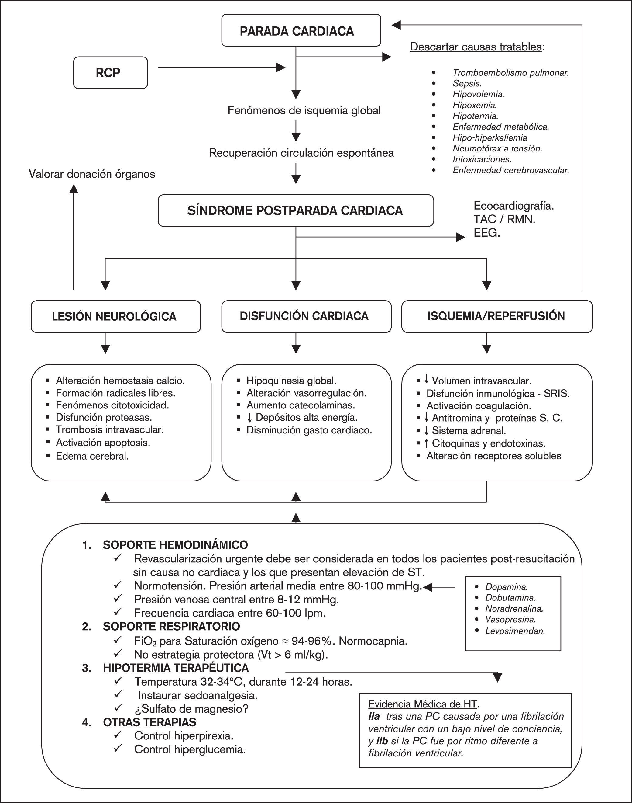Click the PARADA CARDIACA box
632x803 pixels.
[x=301, y=31]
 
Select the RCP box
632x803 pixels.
[x=110, y=73]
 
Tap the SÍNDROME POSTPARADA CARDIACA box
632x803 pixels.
[x=295, y=210]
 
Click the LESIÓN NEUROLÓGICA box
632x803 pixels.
[x=115, y=316]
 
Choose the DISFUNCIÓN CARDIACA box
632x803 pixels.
[x=306, y=316]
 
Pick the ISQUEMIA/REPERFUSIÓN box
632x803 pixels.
[x=496, y=316]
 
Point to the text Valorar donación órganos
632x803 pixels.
[x=92, y=174]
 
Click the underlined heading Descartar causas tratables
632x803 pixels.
[x=476, y=47]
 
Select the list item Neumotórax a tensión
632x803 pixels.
[x=497, y=148]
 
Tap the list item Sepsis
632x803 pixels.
[x=467, y=83]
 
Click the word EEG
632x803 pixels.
[x=486, y=233]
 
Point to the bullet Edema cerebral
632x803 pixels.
[x=92, y=456]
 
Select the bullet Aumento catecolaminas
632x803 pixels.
[x=301, y=405]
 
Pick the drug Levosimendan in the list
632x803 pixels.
[x=515, y=631]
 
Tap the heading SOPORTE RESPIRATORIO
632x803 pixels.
[x=171, y=626]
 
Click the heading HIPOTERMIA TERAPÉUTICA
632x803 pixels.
[x=176, y=668]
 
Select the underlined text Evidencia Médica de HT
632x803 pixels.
[x=423, y=704]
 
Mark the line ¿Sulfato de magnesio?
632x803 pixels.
[x=191, y=709]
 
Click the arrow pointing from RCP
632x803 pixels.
[x=222, y=68]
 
